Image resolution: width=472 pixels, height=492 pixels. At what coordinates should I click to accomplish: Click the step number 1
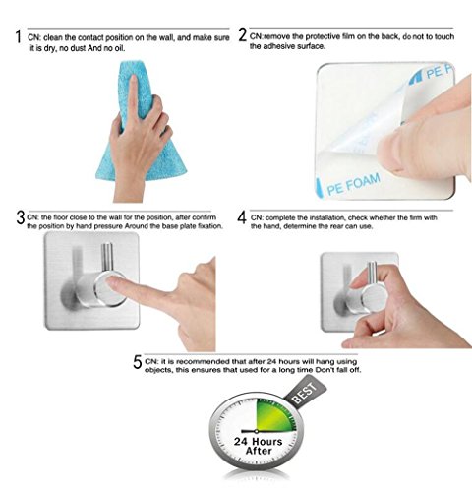point(18,36)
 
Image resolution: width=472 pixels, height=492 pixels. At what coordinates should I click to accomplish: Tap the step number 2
point(242,34)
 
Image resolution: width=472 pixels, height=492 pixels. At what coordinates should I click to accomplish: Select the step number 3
point(21,217)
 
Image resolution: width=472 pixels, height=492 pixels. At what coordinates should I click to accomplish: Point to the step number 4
point(242,217)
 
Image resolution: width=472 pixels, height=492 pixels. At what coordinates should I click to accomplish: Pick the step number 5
point(138,362)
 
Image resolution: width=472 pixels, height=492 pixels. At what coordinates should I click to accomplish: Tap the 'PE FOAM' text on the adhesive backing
point(354,184)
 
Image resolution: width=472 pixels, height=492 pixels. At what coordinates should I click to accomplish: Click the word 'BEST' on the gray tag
point(305,393)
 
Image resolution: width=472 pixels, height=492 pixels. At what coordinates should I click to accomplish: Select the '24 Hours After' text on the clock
point(259,446)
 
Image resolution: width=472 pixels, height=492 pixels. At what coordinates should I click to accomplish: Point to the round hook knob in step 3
point(110,289)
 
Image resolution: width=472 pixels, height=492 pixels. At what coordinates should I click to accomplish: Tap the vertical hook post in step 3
point(107,257)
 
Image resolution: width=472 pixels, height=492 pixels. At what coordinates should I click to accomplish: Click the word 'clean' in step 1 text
point(54,38)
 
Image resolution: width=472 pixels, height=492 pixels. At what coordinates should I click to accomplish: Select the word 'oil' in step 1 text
point(119,48)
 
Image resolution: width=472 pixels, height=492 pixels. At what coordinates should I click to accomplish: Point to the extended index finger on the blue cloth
point(133,94)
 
